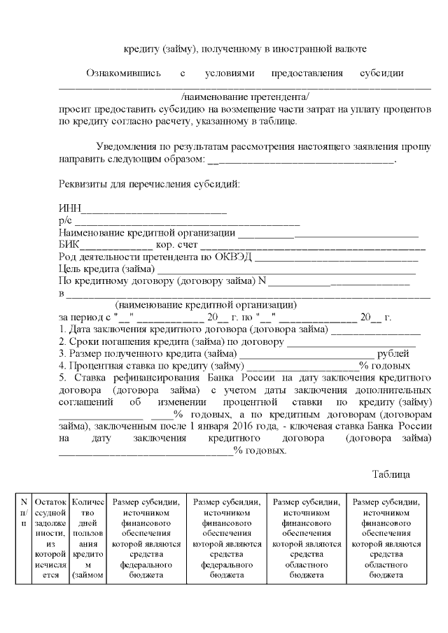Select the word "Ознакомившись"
point(124,73)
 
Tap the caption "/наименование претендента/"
point(244,97)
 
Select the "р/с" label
point(65,222)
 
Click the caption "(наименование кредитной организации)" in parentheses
point(206,306)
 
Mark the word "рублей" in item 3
point(393,353)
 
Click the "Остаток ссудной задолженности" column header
point(51,538)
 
